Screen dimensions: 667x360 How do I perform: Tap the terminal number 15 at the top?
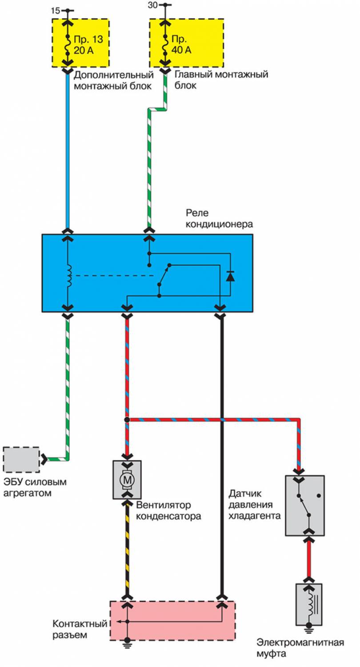tap(55, 9)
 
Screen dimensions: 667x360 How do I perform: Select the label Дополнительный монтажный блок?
tap(113, 80)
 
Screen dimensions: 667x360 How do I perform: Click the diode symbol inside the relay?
tap(230, 276)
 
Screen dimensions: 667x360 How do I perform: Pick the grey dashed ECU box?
tap(21, 459)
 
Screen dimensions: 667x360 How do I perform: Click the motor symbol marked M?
tap(127, 479)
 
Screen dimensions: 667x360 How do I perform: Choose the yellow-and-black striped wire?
tap(127, 551)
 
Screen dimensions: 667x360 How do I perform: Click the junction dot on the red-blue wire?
tap(127, 419)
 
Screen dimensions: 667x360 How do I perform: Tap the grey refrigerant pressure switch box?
tap(304, 505)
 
